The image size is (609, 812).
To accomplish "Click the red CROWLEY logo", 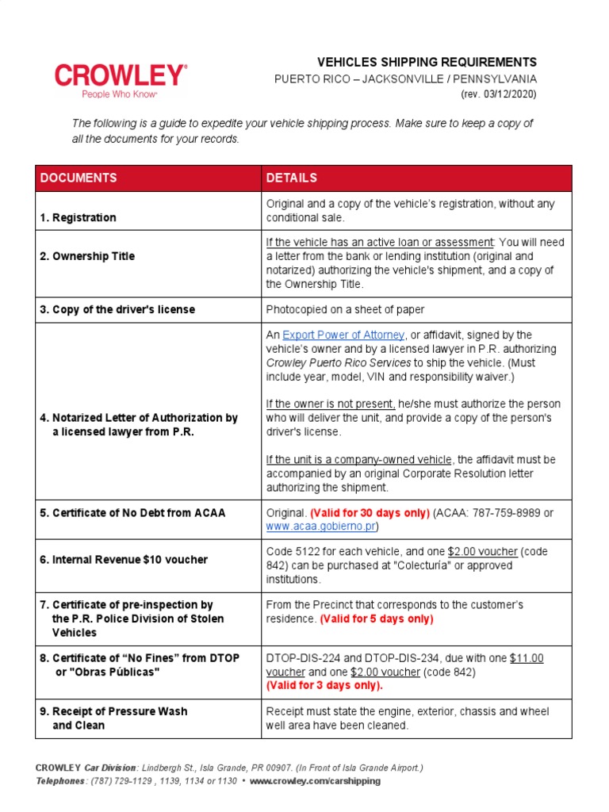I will tap(121, 75).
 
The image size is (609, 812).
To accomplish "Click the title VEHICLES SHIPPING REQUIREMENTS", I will tap(427, 62).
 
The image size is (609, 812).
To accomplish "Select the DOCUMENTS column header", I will tap(79, 178).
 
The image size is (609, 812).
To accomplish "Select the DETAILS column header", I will tap(292, 178).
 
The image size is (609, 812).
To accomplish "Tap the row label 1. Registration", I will tap(78, 217).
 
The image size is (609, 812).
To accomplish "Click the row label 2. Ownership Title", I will tap(87, 256).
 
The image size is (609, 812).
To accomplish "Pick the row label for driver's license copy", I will tap(117, 309).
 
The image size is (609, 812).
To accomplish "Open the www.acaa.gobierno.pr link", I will tap(321, 526).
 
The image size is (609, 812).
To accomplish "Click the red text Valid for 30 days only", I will tap(370, 512).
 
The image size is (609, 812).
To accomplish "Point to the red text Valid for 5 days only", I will tap(377, 619).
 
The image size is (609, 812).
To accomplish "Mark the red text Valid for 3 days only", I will tap(324, 685).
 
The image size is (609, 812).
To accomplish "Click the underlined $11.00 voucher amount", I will tap(527, 658).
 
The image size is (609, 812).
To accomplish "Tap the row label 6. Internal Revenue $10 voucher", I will tap(124, 559).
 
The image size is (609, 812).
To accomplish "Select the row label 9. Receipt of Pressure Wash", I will tap(113, 711).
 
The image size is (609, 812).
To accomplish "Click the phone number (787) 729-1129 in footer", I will tap(126, 781).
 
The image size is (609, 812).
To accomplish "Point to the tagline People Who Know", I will tap(120, 94).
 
